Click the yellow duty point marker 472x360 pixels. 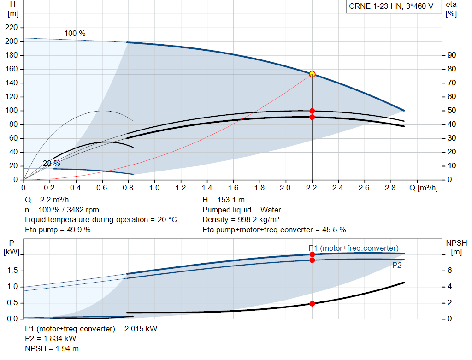[x=312, y=74]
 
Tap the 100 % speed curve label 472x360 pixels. [x=75, y=33]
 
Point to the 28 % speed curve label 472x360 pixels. [x=52, y=164]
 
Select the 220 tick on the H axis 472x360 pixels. [x=12, y=27]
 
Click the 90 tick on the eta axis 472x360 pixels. [x=452, y=55]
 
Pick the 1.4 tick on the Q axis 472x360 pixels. [x=207, y=188]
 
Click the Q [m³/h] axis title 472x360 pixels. [x=424, y=188]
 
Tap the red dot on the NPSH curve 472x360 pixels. [x=312, y=304]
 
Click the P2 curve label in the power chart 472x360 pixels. [x=397, y=265]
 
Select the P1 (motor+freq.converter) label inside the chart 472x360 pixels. [x=354, y=248]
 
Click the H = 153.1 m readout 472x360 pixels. [x=224, y=200]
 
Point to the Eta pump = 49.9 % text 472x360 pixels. [x=58, y=230]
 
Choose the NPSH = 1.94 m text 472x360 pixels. [x=52, y=348]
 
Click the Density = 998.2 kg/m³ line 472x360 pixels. [x=241, y=220]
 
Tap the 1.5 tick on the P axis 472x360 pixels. [x=12, y=271]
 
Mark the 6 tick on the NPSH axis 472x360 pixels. [x=449, y=270]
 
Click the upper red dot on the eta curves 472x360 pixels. [x=312, y=111]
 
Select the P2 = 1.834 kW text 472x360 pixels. [x=51, y=339]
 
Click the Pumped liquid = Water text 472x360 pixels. [x=242, y=210]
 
